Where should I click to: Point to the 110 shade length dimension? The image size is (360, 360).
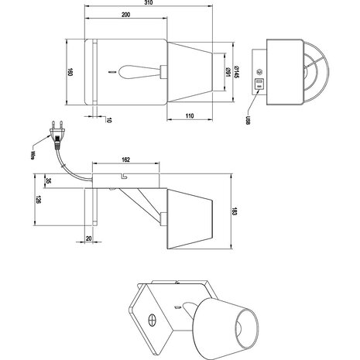coord(189,115)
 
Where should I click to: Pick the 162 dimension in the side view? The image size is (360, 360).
coord(125,159)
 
